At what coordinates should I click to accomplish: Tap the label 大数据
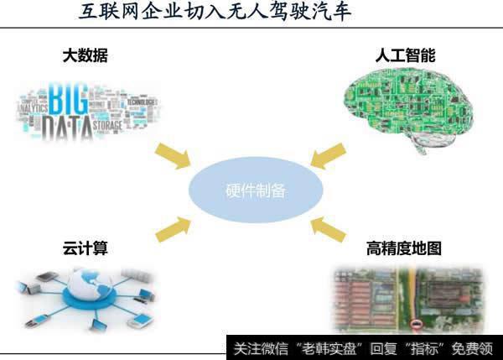(x=86, y=56)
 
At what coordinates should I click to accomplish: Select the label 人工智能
(x=406, y=56)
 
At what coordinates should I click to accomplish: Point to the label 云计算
(x=86, y=248)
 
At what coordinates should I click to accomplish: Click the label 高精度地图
(x=404, y=248)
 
